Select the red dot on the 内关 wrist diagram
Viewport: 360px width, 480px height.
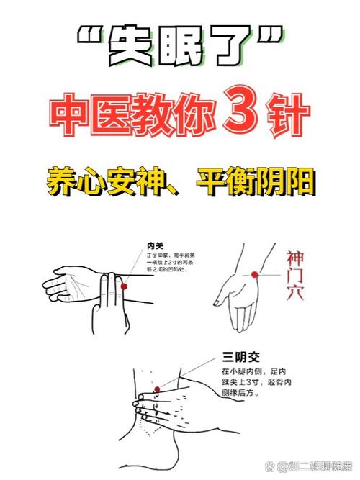pos(124,286)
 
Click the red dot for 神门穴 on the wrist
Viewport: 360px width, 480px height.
pos(253,273)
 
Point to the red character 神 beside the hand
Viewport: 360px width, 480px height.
pos(295,258)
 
